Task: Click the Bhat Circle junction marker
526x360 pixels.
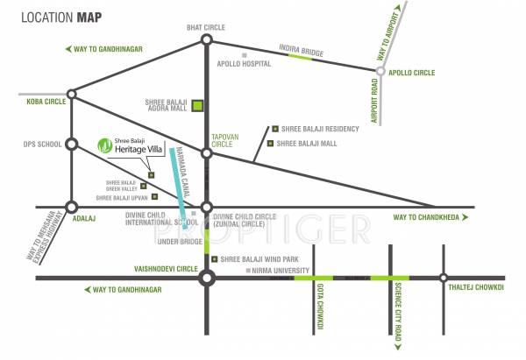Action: point(206,39)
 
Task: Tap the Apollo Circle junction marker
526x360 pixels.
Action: point(380,74)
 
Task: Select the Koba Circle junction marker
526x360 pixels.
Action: point(71,94)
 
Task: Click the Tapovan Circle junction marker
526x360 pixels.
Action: point(207,153)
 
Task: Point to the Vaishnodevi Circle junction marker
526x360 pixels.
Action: point(207,279)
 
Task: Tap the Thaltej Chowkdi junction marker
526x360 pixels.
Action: point(444,279)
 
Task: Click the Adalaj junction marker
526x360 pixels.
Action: point(71,208)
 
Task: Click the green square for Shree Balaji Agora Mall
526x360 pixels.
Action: point(198,107)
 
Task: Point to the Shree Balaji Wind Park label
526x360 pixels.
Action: point(262,259)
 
